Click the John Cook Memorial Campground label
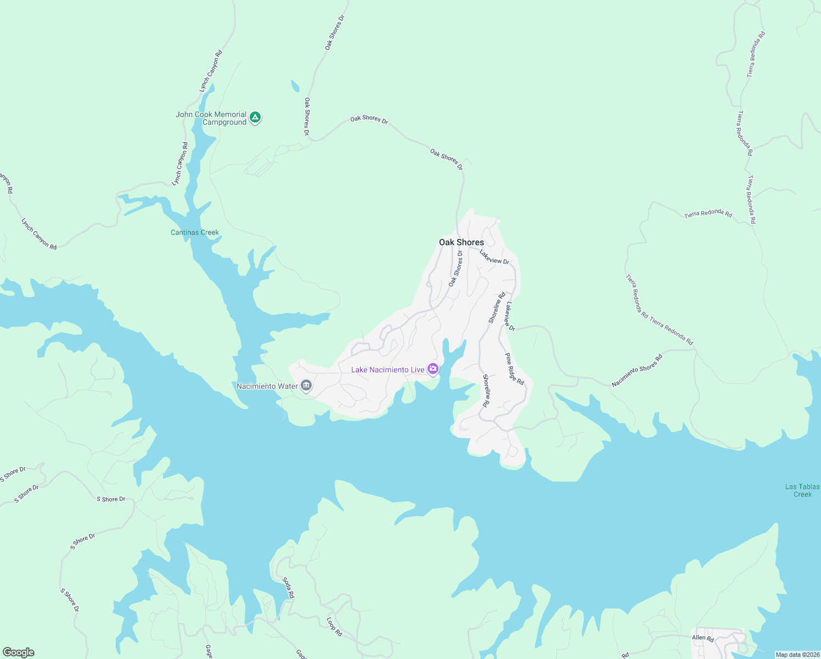pyautogui.click(x=211, y=118)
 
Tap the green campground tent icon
pyautogui.click(x=255, y=117)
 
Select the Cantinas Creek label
pyautogui.click(x=195, y=232)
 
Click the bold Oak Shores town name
pyautogui.click(x=461, y=242)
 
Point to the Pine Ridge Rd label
pyautogui.click(x=515, y=368)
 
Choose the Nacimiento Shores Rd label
pyautogui.click(x=637, y=371)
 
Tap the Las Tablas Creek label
pyautogui.click(x=802, y=490)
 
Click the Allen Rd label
pyautogui.click(x=702, y=638)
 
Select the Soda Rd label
pyautogui.click(x=288, y=588)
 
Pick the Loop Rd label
pyautogui.click(x=334, y=627)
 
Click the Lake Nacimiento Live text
pyautogui.click(x=387, y=370)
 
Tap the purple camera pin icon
pyautogui.click(x=433, y=369)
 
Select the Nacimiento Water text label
pyautogui.click(x=267, y=386)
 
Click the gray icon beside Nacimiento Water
pyautogui.click(x=306, y=386)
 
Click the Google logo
pyautogui.click(x=19, y=652)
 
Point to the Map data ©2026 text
pyautogui.click(x=796, y=655)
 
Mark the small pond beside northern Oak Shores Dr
pyautogui.click(x=295, y=86)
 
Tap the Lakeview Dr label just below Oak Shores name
pyautogui.click(x=494, y=257)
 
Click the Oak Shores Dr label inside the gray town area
pyautogui.click(x=456, y=269)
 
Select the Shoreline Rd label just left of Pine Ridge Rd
pyautogui.click(x=486, y=390)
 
